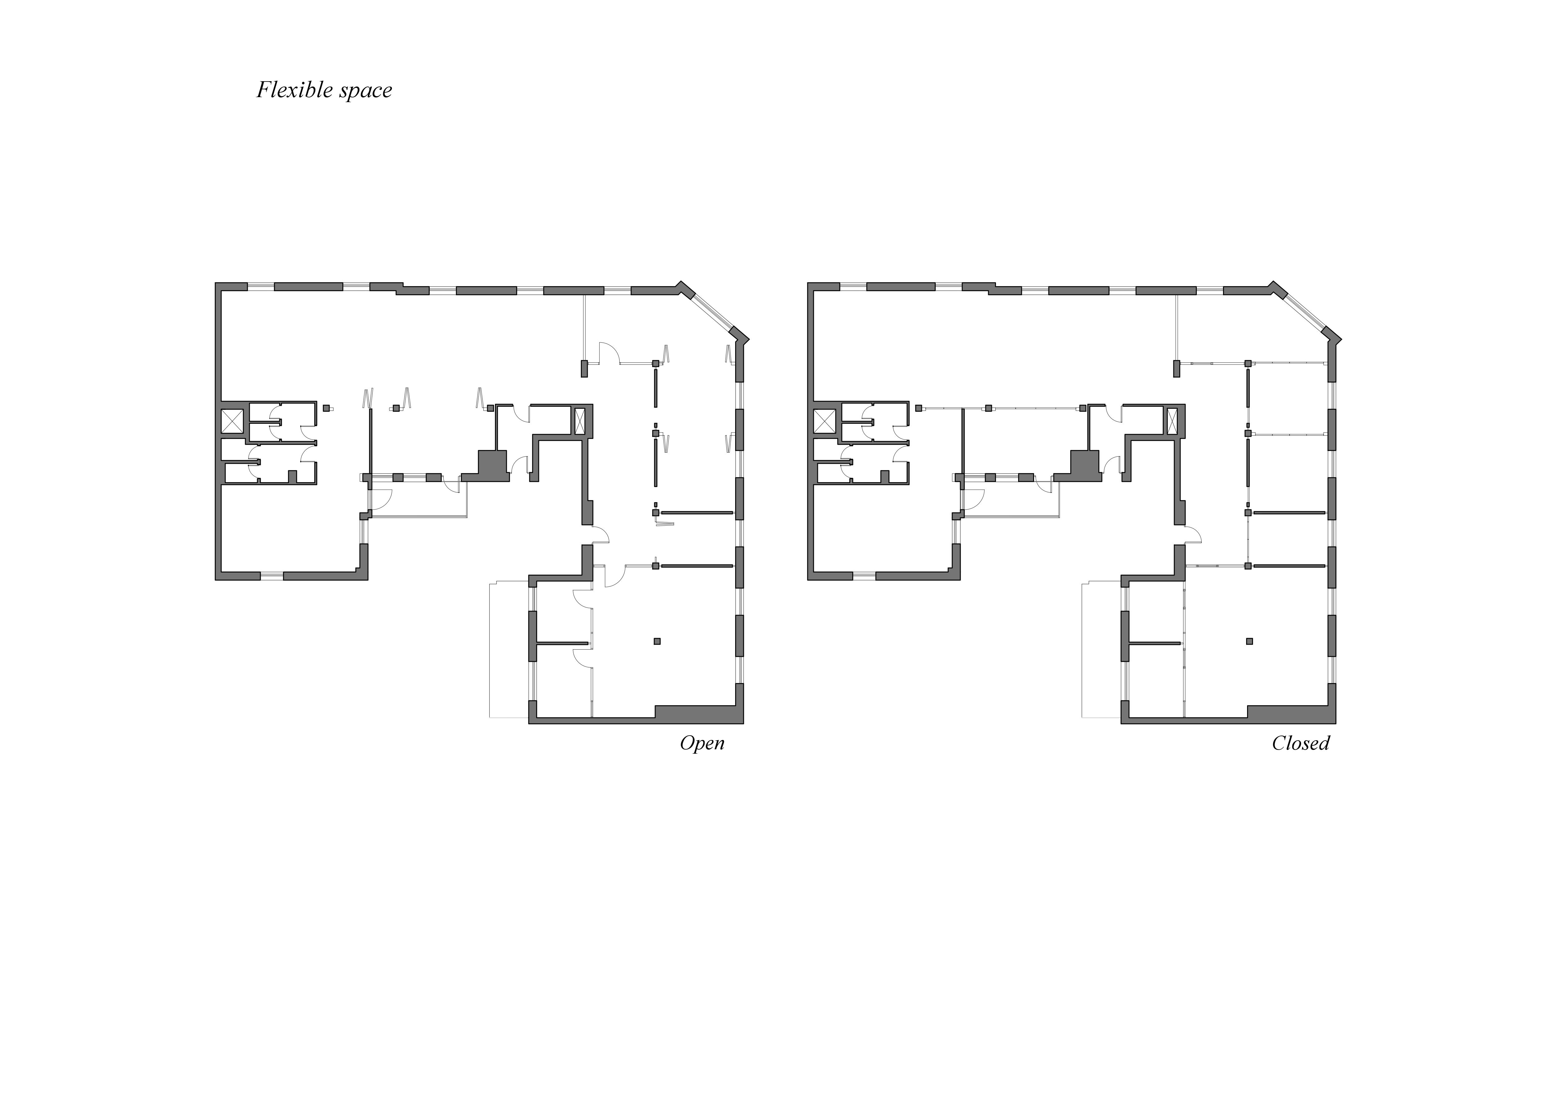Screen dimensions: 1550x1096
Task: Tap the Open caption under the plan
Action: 702,743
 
